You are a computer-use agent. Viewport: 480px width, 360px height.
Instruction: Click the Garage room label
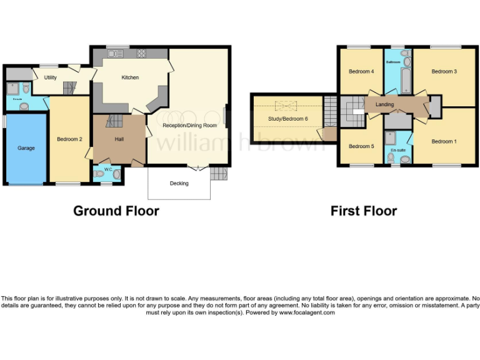[x=26, y=148]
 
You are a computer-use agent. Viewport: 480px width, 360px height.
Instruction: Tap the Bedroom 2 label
[x=69, y=139]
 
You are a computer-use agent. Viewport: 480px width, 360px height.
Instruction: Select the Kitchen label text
[x=130, y=77]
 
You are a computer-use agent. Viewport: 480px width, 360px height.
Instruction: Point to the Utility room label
[x=51, y=78]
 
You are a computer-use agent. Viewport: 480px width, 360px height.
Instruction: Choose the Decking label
[x=179, y=183]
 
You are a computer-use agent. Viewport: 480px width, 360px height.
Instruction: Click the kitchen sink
[x=116, y=54]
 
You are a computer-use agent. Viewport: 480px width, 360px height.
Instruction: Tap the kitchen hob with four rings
[x=141, y=54]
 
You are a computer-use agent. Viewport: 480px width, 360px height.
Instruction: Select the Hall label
[x=119, y=139]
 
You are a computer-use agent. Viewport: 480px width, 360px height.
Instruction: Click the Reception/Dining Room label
[x=190, y=125]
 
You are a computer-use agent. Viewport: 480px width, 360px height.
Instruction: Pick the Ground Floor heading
[x=116, y=211]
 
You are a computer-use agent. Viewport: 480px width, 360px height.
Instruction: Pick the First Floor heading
[x=364, y=211]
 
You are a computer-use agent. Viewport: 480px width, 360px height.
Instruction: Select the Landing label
[x=384, y=104]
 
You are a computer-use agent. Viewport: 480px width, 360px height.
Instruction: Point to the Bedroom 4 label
[x=361, y=72]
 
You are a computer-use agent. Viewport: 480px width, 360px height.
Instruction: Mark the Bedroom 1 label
[x=444, y=141]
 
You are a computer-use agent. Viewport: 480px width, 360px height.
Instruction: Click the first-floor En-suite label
[x=397, y=151]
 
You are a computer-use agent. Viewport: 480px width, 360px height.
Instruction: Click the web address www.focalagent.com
[x=307, y=312]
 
